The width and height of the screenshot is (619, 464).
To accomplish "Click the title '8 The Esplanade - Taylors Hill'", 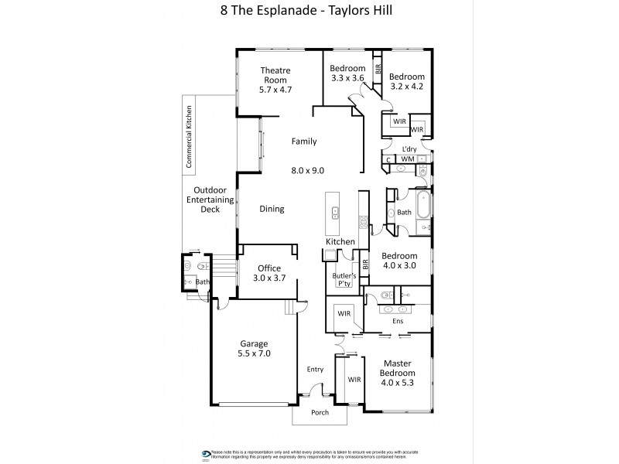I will coord(309,11).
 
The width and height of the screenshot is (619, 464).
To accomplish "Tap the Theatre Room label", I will coord(275,80).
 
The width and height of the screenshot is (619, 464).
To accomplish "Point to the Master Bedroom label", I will coord(398,374).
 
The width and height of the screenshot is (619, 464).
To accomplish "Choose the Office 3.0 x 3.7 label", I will coord(270,274).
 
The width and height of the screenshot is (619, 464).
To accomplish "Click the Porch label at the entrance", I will coord(319,412).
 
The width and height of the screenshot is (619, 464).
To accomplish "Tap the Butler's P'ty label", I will coord(344,280).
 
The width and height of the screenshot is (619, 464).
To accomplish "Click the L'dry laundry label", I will coord(410,149).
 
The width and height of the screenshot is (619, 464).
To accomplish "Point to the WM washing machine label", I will coord(408,159).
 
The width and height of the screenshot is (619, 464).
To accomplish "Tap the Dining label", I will coord(272,209).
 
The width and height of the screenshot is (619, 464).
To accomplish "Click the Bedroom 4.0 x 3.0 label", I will coord(399,261).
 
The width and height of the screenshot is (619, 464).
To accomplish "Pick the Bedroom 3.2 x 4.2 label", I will coord(407,82).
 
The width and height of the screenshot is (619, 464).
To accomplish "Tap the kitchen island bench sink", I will coord(335,211).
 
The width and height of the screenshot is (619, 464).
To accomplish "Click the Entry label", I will coord(315,370).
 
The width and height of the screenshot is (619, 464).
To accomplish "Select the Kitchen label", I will coord(340,242).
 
